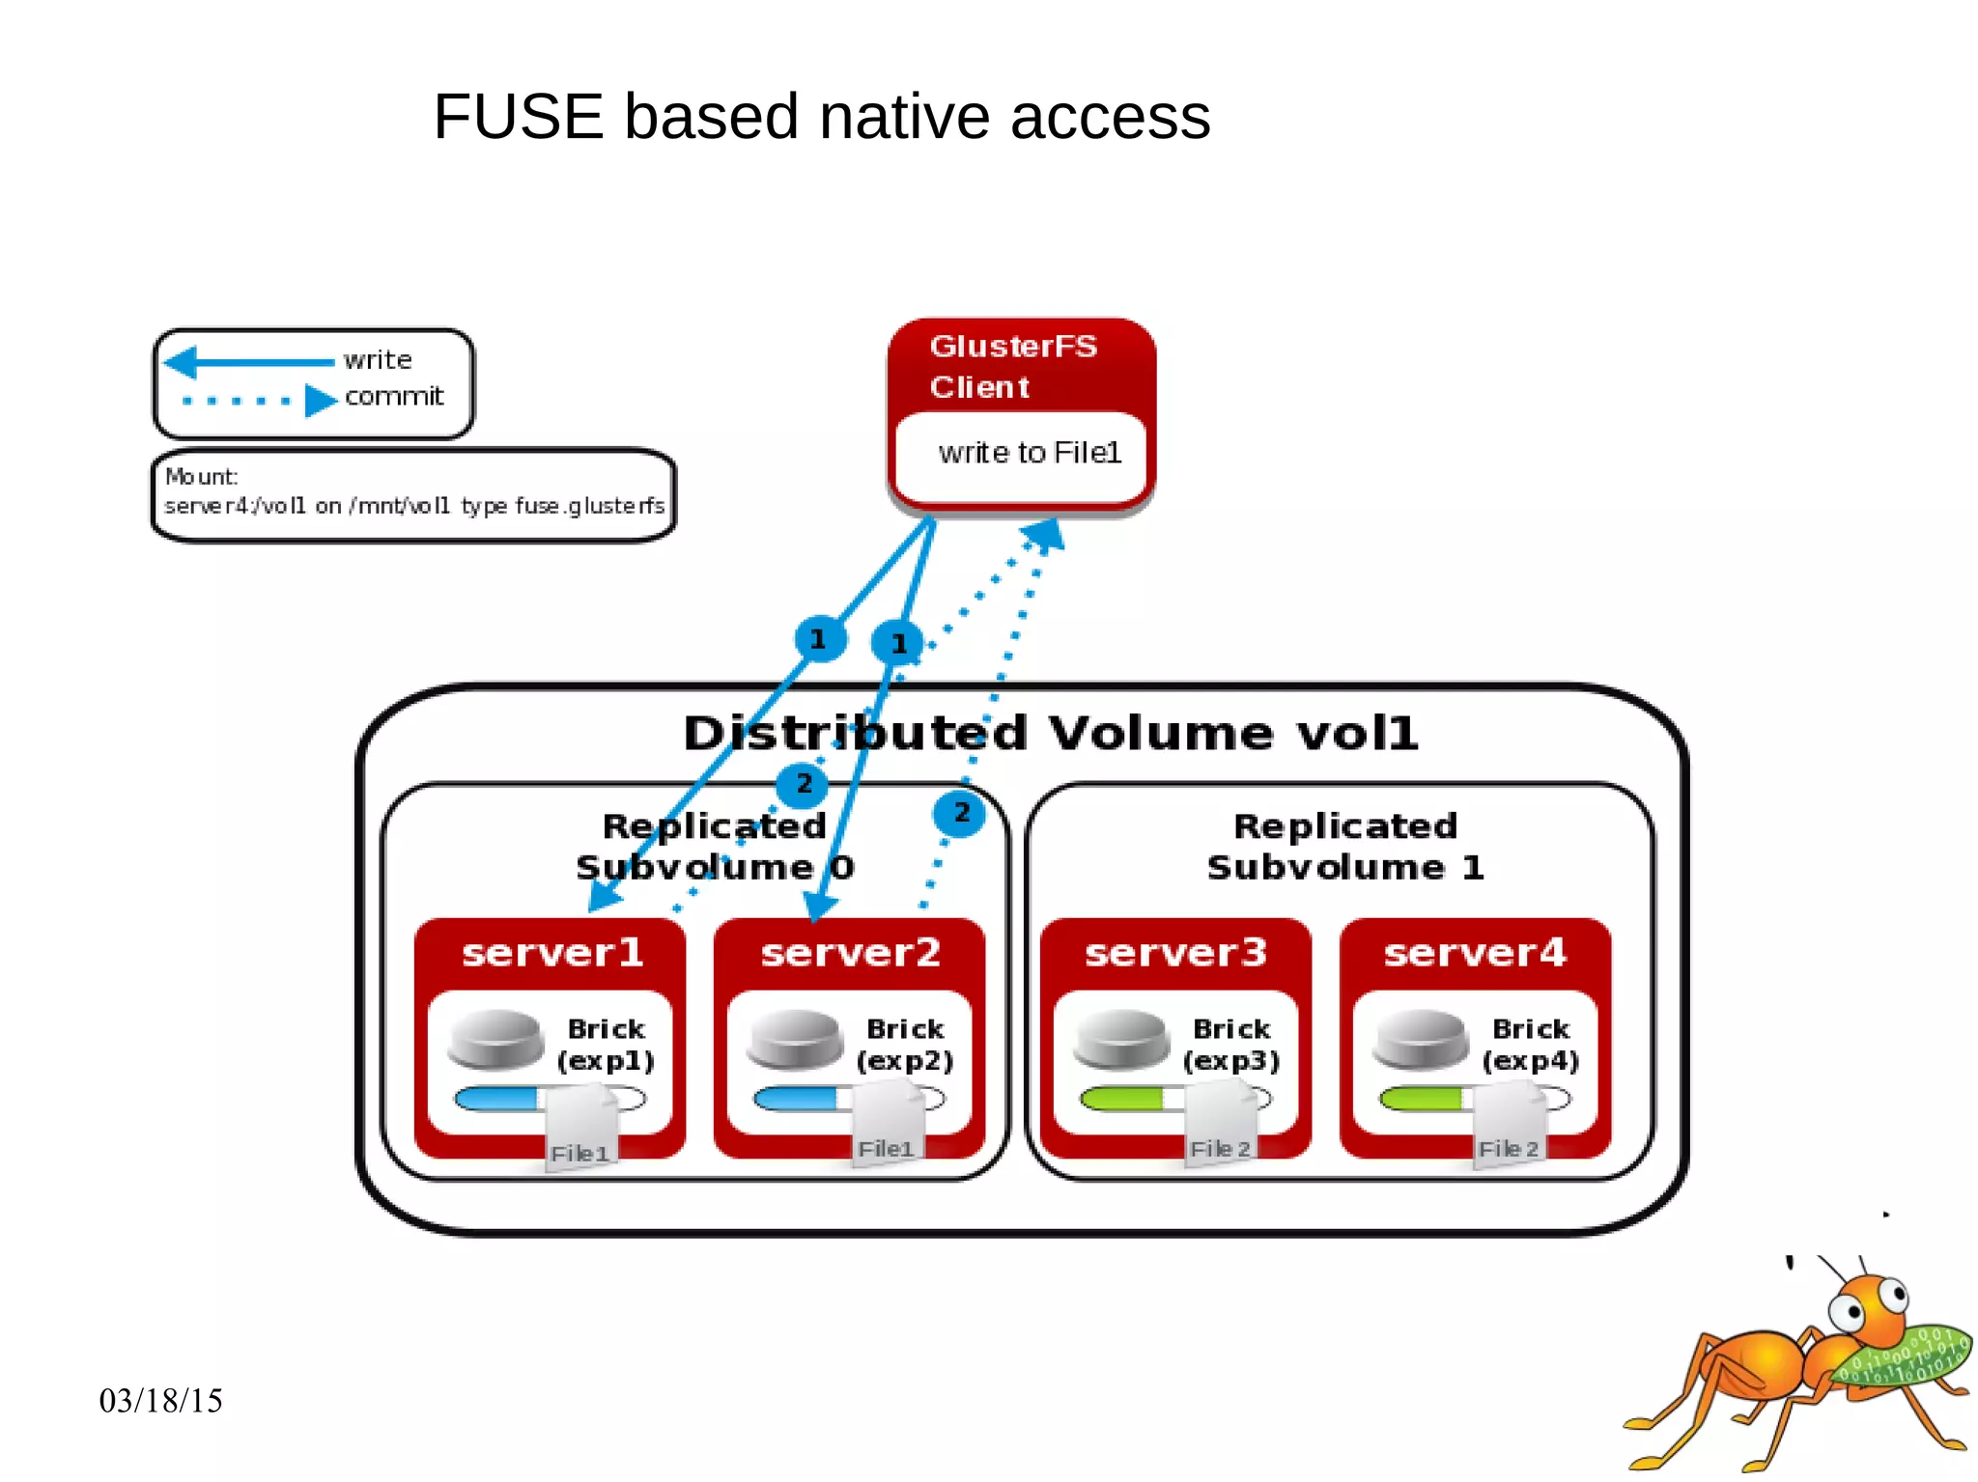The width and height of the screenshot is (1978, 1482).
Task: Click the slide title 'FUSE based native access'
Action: click(821, 117)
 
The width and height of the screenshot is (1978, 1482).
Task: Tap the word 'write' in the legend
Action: click(378, 360)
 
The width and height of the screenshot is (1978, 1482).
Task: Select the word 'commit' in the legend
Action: click(394, 396)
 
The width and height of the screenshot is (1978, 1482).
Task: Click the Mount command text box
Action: click(413, 493)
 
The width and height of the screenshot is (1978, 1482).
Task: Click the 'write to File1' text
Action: click(1029, 453)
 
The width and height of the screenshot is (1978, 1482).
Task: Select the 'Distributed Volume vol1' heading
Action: click(1050, 733)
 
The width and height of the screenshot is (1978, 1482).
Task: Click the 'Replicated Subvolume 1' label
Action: click(1344, 846)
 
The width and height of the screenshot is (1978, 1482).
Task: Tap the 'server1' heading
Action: click(552, 953)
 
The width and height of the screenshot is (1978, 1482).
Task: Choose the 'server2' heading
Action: click(850, 953)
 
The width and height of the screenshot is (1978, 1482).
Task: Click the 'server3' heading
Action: click(1175, 953)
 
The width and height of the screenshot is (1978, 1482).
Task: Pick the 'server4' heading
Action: click(1474, 953)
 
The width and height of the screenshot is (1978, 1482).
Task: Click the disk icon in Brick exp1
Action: click(495, 1040)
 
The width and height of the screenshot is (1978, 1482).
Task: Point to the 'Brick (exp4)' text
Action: click(1530, 1045)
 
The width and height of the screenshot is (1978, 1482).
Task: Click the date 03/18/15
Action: click(160, 1401)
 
